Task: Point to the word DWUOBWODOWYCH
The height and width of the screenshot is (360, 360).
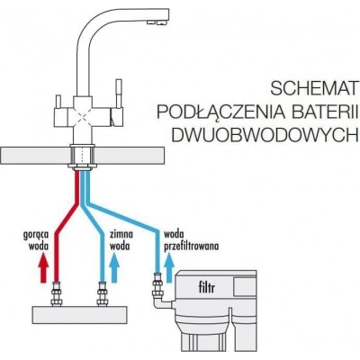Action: tap(261, 134)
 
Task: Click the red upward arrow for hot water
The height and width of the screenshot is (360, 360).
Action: tap(44, 267)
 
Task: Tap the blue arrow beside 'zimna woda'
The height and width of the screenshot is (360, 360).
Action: tap(114, 267)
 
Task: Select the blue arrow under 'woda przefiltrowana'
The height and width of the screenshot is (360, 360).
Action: tap(168, 267)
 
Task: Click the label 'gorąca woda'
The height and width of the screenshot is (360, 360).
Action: tap(37, 240)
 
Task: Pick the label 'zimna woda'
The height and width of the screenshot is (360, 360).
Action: tap(121, 240)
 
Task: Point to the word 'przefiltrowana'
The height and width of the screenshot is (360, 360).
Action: tap(192, 247)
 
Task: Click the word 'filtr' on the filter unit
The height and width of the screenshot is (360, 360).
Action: tap(207, 288)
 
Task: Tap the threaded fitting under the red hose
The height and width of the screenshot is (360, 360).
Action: tap(56, 294)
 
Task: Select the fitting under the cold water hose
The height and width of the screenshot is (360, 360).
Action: tap(102, 294)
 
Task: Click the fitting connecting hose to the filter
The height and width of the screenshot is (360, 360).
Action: tap(157, 284)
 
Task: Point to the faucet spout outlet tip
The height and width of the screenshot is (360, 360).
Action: tap(157, 22)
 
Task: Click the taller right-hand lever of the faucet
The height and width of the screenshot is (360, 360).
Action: tap(119, 94)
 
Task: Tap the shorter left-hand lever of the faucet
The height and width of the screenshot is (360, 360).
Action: tap(58, 102)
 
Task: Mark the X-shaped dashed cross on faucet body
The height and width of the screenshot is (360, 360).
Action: tap(80, 118)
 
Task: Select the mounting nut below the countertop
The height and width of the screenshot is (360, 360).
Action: tap(83, 166)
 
